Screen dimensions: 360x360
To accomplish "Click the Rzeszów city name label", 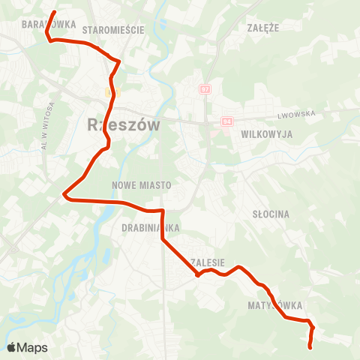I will tap(124, 124).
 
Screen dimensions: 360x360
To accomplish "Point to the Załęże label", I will tap(262, 27).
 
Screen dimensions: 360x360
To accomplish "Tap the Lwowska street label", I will tap(297, 114).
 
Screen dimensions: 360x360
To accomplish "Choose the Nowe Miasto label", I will tap(141, 184).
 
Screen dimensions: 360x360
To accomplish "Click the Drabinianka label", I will tap(147, 226).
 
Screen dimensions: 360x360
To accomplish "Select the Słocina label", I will tap(271, 214).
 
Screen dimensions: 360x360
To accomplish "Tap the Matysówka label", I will tap(275, 306).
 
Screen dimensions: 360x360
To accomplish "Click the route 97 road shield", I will tap(205, 89).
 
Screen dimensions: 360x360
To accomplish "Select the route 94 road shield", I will tap(227, 121).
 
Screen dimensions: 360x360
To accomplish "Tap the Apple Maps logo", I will tap(27, 347).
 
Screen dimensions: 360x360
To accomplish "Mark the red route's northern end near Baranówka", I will tap(55, 12).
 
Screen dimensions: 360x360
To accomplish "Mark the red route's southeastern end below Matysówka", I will tap(310, 346).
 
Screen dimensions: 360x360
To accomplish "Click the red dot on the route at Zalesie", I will tap(197, 275).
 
